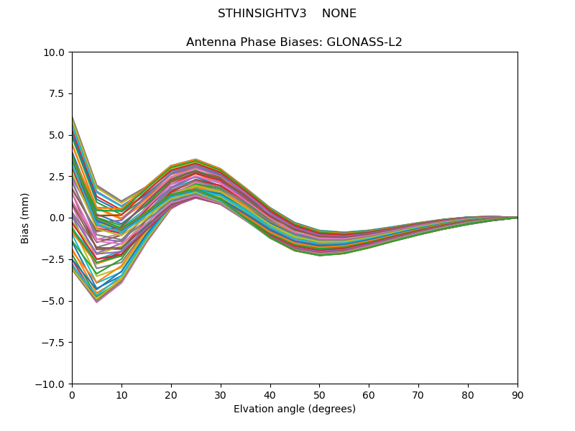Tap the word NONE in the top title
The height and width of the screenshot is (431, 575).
pos(339,14)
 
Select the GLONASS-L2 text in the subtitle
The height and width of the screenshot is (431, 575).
pos(364,42)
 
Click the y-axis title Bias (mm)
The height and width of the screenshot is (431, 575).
pos(25,218)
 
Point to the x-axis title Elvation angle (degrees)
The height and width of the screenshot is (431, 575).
pos(295,409)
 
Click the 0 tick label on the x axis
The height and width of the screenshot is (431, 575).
pos(72,394)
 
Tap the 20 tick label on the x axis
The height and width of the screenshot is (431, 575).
pos(171,394)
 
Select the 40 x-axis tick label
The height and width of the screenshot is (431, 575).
pos(270,394)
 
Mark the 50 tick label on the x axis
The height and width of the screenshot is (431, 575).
pos(319,394)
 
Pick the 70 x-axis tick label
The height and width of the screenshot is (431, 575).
pos(418,394)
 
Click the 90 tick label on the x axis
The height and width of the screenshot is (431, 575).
pos(517,394)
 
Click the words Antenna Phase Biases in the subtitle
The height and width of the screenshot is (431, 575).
pos(254,42)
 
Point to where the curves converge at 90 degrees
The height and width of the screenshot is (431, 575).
pos(517,218)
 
